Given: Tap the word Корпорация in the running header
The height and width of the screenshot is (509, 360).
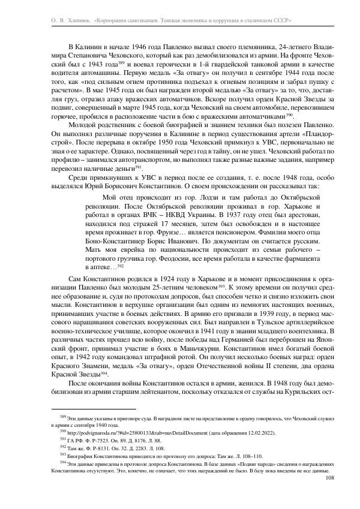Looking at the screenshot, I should click(118, 20).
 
